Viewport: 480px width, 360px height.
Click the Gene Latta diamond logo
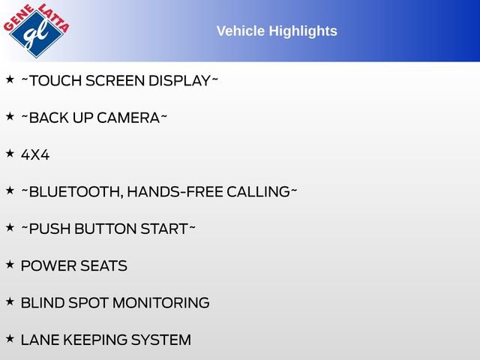coord(37,31)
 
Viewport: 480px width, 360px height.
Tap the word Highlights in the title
coord(303,31)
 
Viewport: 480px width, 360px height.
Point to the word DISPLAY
coord(180,81)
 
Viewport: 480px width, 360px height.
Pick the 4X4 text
coord(35,155)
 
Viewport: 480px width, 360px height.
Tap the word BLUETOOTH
coord(76,192)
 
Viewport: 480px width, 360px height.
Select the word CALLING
coord(258,192)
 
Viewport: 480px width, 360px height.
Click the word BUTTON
coord(106,229)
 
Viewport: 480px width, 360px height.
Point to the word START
coord(164,229)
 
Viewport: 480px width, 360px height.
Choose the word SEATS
coord(103,265)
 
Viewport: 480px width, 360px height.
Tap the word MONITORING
coord(161,303)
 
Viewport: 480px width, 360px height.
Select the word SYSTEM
coord(161,340)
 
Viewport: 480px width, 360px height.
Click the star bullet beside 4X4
coord(10,153)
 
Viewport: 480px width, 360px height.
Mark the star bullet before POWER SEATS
coord(10,264)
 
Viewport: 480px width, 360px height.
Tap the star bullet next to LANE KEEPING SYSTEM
coord(10,338)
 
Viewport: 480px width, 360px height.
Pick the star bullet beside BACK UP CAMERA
coord(10,116)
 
